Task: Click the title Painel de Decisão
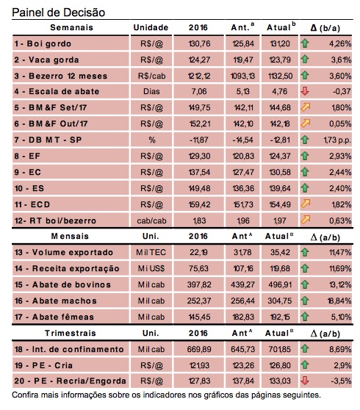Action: click(59, 12)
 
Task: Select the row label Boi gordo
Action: click(49, 43)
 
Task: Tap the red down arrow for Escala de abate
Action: click(305, 91)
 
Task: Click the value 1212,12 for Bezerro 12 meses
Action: click(199, 76)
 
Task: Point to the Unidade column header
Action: click(151, 27)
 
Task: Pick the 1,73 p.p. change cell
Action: click(337, 140)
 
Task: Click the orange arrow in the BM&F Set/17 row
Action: click(305, 107)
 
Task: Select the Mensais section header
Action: click(70, 236)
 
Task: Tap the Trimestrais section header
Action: click(71, 333)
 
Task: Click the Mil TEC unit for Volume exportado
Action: click(151, 252)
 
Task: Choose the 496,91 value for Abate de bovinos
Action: click(280, 284)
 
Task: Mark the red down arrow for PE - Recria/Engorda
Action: click(305, 381)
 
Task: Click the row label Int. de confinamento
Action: click(78, 349)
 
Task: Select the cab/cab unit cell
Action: click(151, 220)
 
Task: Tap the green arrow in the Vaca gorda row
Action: click(305, 59)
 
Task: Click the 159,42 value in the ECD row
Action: click(199, 204)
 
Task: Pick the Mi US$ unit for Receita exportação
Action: click(151, 268)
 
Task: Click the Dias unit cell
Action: click(151, 91)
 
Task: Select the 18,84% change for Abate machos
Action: click(339, 301)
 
